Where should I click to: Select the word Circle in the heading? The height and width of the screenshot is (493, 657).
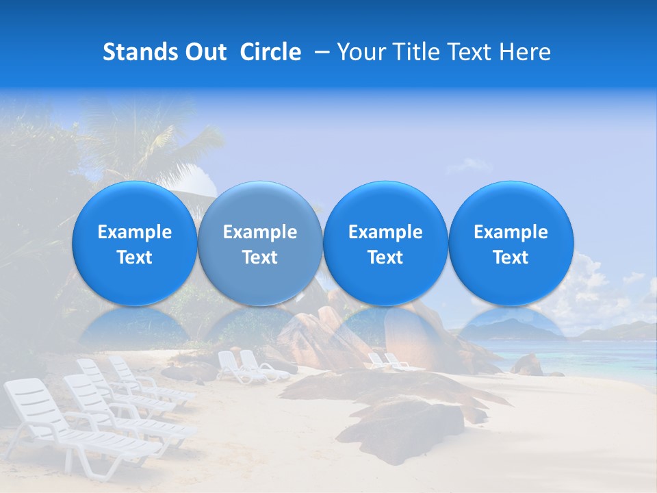[270, 52]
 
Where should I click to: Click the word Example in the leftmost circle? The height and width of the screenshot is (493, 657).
[134, 232]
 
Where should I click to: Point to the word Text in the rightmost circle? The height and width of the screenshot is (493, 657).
[511, 257]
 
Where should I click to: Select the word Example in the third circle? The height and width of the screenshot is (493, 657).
[385, 232]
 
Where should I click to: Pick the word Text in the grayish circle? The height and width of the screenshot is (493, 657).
[260, 257]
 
